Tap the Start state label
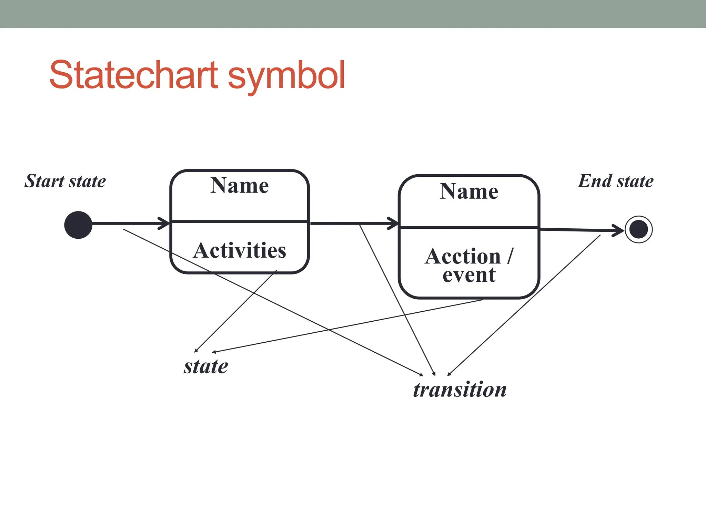point(65,181)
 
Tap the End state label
point(615,181)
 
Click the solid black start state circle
point(78,225)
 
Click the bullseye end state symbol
point(638,229)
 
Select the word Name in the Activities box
point(239,186)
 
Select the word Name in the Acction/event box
point(469,191)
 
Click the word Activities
point(239,250)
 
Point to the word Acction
point(463,257)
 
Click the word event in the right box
point(469,275)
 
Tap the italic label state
point(206,366)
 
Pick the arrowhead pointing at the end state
point(618,230)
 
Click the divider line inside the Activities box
point(239,221)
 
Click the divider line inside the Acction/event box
point(469,227)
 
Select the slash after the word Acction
point(510,256)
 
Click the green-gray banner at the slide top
point(353,14)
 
